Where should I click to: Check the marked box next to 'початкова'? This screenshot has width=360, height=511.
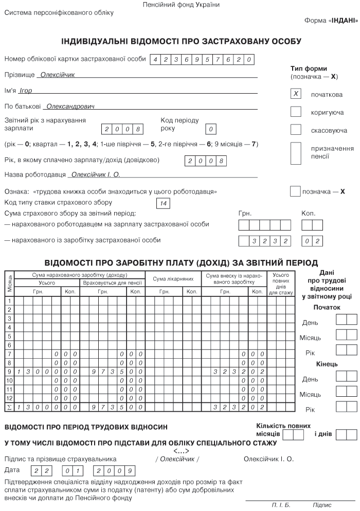tap(296, 94)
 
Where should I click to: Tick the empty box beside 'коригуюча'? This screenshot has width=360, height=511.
tap(296, 112)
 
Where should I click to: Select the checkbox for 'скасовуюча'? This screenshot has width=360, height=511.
tap(296, 130)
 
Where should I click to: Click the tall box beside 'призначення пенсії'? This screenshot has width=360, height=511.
tap(296, 152)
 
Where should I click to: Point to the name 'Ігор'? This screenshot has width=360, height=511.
tap(25, 91)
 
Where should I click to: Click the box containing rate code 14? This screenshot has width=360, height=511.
tap(163, 204)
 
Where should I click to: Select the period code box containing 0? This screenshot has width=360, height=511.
tap(211, 129)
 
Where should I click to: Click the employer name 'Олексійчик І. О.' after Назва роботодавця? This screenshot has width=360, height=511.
tap(95, 175)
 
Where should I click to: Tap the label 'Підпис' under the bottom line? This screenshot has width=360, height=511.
tap(322, 505)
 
